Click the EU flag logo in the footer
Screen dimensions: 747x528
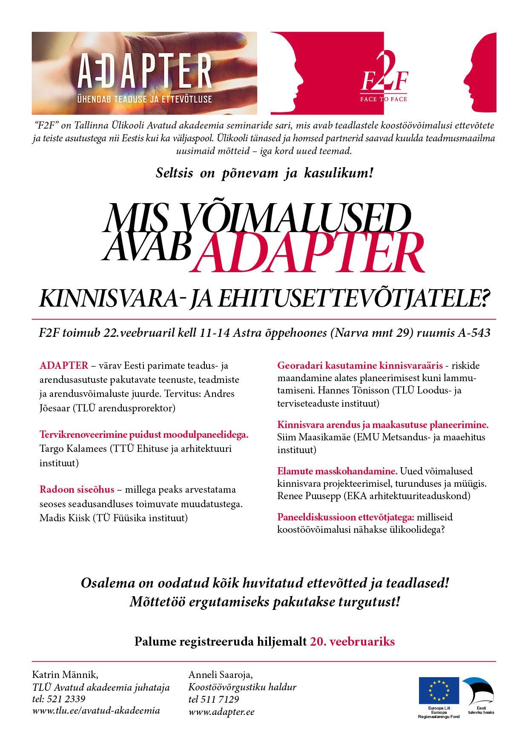[x=439, y=690]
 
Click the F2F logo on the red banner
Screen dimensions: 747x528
[x=384, y=79]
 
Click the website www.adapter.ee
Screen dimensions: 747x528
[x=221, y=712]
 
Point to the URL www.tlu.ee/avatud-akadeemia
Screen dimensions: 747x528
[x=96, y=710]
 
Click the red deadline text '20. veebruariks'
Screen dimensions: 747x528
[x=352, y=641]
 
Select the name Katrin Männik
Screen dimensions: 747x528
[x=65, y=675]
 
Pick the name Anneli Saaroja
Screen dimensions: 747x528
[x=220, y=675]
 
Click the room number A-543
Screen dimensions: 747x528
[x=474, y=333]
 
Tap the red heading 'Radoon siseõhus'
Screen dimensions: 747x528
[x=77, y=489]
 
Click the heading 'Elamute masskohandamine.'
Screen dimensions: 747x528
[x=337, y=471]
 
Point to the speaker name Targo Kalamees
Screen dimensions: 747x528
[x=73, y=448]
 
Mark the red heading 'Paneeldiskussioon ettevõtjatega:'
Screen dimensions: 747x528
[x=346, y=517]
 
